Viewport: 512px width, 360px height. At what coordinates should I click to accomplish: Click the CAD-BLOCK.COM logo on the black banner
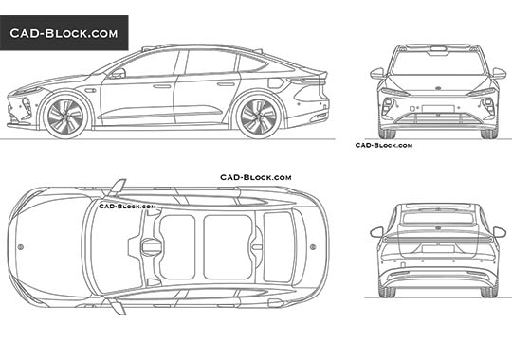(64, 34)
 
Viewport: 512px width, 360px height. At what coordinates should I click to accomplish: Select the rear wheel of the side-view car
(256, 115)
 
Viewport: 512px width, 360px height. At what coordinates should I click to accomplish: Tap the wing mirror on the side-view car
(119, 73)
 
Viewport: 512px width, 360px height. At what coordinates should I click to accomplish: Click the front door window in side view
(150, 65)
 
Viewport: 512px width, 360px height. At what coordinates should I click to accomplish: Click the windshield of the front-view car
(438, 63)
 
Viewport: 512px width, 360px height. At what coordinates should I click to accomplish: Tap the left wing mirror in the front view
(377, 72)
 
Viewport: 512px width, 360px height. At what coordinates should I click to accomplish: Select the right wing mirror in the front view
(499, 72)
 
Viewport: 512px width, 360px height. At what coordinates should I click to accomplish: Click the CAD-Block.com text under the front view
(383, 145)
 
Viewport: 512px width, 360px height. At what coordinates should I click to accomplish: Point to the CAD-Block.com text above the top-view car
(256, 177)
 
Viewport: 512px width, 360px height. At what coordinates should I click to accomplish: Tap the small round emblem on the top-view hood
(21, 247)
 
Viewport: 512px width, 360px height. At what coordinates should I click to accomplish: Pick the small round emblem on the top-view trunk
(314, 247)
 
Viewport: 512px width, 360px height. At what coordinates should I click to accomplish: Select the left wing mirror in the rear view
(377, 231)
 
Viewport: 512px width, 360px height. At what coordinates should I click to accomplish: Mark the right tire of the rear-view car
(490, 290)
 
